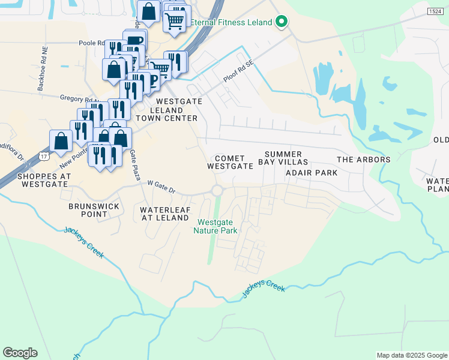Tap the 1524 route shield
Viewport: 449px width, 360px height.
point(436,11)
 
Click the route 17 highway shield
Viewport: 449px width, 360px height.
point(43,156)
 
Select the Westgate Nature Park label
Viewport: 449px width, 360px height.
point(217,226)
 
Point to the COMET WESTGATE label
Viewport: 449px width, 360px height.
point(230,162)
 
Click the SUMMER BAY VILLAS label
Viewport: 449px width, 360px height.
point(283,158)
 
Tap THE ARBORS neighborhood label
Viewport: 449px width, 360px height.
point(364,160)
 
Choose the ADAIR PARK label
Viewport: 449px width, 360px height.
point(312,173)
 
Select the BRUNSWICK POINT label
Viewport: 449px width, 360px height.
point(94,211)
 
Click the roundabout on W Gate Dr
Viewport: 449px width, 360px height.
point(217,191)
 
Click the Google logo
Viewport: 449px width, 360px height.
point(20,353)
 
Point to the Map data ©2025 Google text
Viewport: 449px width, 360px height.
point(412,355)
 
